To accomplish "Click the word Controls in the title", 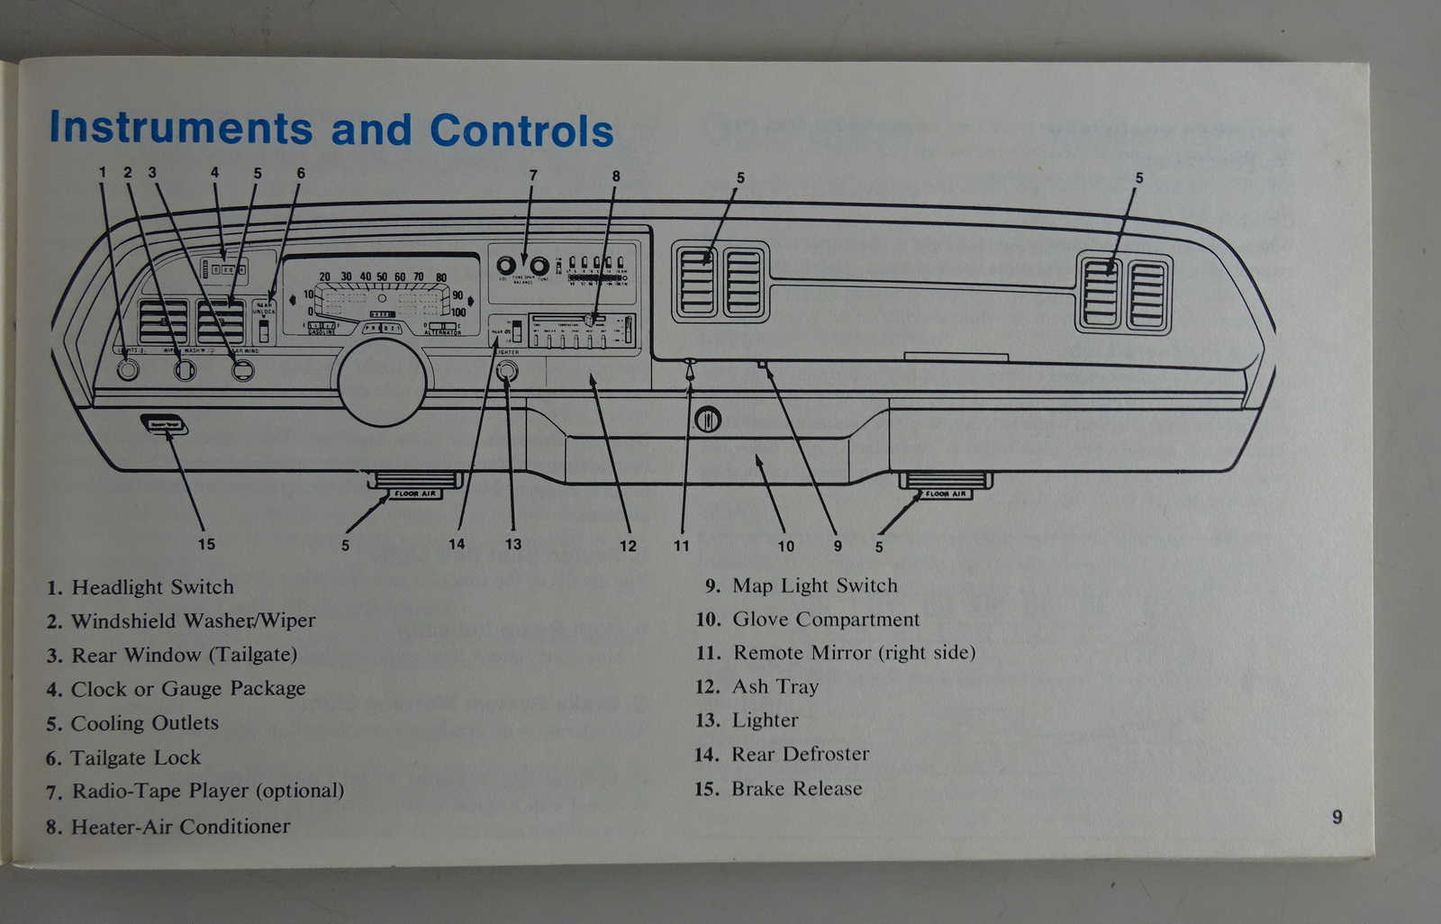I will pos(521,131).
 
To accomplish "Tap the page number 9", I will pos(1337,817).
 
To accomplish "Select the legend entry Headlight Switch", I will pos(152,587).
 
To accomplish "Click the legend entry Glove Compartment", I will pos(825,620).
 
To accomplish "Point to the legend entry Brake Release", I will pos(796,789).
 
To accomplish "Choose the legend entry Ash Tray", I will pos(775,687).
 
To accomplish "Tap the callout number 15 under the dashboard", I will pos(206,544).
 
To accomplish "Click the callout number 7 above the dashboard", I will pos(533,176).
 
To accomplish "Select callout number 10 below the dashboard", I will pos(786,546).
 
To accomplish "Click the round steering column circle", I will pos(383,381).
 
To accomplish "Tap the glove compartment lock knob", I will pos(708,419).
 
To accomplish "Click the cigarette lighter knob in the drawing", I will pos(508,370).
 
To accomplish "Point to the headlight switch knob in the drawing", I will pos(128,369).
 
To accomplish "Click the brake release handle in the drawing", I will pos(164,424).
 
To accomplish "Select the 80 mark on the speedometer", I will pos(440,278).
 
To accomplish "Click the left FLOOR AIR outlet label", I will pos(415,494).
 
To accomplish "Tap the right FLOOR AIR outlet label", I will pos(945,494).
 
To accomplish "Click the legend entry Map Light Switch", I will pos(814,586).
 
